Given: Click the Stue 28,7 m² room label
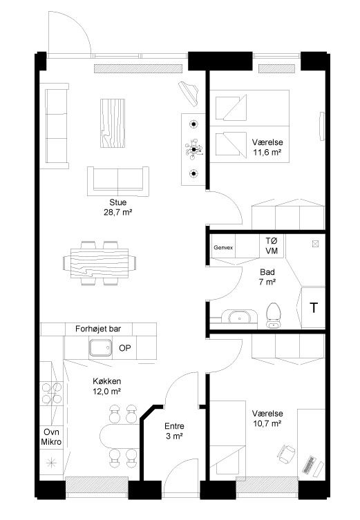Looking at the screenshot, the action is (117, 207).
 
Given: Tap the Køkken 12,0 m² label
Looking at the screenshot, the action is (106, 386).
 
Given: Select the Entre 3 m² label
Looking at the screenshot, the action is (174, 431).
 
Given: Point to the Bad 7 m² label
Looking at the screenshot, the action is (267, 277).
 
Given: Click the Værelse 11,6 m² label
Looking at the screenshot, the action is (267, 147).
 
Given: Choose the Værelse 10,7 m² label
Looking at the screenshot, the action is (267, 418).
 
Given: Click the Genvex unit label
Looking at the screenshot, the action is (223, 247).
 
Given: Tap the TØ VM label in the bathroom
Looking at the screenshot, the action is (272, 245).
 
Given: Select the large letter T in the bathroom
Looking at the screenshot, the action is (314, 308).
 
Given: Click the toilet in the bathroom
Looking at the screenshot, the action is (274, 316).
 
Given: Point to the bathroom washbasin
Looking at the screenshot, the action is (239, 317).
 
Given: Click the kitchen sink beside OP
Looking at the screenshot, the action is (100, 347).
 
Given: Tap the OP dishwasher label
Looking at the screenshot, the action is (125, 348).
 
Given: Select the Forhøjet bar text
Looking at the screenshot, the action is (98, 329).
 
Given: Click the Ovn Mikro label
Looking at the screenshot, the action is (51, 436).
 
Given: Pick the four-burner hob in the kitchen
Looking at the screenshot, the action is (51, 394).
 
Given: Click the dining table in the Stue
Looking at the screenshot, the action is (100, 263).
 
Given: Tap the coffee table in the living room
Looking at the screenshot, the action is (113, 123).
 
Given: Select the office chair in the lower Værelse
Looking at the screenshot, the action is (286, 454).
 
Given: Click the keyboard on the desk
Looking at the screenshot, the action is (309, 465).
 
